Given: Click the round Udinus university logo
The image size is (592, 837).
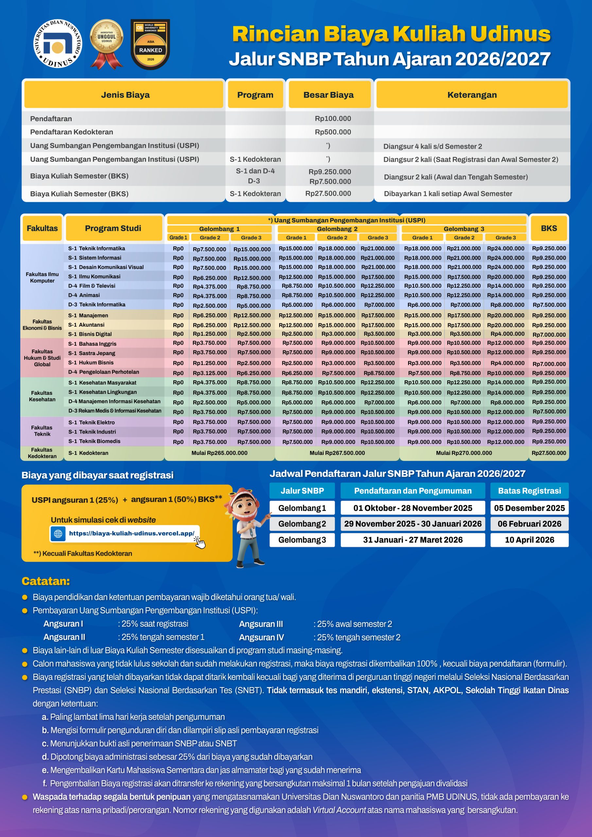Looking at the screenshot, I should (x=57, y=44).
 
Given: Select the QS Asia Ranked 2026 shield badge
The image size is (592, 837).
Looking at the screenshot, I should (x=150, y=44).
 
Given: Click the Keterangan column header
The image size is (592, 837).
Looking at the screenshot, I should (x=472, y=95).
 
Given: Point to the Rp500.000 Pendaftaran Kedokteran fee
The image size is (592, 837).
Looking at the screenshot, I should (x=333, y=132).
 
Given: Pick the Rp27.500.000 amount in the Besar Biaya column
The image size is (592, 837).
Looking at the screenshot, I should (x=328, y=194).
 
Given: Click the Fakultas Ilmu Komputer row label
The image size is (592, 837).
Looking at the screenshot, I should (x=42, y=278).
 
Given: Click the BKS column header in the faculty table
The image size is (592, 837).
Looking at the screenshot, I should (x=548, y=228).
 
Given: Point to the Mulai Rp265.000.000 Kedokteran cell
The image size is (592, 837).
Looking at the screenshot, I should (x=219, y=453).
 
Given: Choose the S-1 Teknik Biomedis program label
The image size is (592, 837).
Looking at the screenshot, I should (x=94, y=441).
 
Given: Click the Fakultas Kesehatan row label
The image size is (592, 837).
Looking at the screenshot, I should (x=42, y=396).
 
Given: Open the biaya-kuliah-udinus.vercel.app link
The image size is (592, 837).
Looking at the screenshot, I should (x=131, y=533).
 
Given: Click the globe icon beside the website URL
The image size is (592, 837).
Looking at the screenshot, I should (x=58, y=534).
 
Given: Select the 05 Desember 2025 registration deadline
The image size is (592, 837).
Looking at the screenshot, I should (x=529, y=508).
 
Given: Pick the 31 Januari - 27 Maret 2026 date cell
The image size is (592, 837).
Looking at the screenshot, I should (x=412, y=540).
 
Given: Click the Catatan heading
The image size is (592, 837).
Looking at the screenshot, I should (x=45, y=581).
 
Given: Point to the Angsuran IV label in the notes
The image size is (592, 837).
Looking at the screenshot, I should (x=261, y=637).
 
